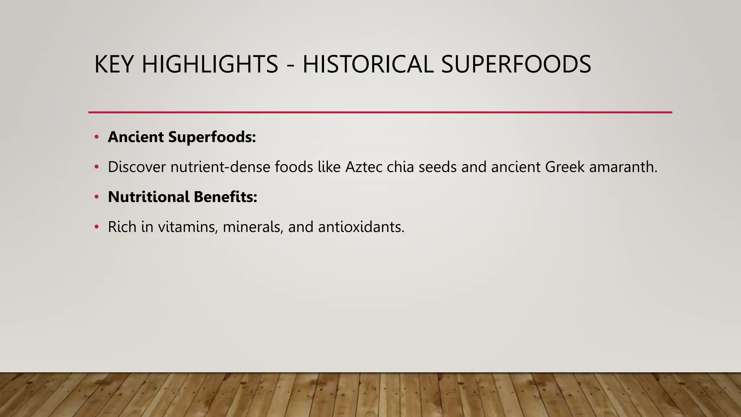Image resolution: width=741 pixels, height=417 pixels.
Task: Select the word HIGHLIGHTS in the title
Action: pyautogui.click(x=210, y=64)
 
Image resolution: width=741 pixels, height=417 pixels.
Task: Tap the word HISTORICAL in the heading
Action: pyautogui.click(x=368, y=64)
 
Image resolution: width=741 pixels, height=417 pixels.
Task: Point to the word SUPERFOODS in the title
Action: pyautogui.click(x=516, y=64)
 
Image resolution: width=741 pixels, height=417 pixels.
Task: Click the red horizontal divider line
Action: pyautogui.click(x=380, y=112)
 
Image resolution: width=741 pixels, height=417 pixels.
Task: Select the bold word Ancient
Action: pyautogui.click(x=136, y=137)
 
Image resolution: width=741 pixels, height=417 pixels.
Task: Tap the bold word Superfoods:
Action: pyautogui.click(x=212, y=137)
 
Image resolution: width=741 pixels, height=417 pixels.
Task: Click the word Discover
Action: pyautogui.click(x=137, y=167)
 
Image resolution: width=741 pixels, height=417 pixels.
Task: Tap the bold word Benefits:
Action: pyautogui.click(x=225, y=197)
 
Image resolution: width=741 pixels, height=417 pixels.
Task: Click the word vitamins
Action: pyautogui.click(x=188, y=227)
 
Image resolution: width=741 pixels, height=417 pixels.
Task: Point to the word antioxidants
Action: pyautogui.click(x=361, y=227)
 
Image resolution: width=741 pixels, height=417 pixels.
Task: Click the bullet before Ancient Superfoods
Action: pyautogui.click(x=96, y=137)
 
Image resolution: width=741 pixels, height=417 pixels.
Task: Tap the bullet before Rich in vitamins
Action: pyautogui.click(x=96, y=227)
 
